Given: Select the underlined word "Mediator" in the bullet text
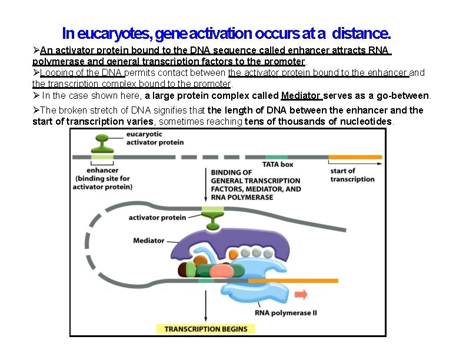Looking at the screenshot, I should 301,95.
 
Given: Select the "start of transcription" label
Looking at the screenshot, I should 352,175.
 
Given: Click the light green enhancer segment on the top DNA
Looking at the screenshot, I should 102,157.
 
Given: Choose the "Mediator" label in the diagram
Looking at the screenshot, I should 148,241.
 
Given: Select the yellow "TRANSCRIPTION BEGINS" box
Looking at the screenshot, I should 206,329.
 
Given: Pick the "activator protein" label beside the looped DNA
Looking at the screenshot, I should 157,217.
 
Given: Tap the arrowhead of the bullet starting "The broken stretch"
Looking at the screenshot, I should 36,110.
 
